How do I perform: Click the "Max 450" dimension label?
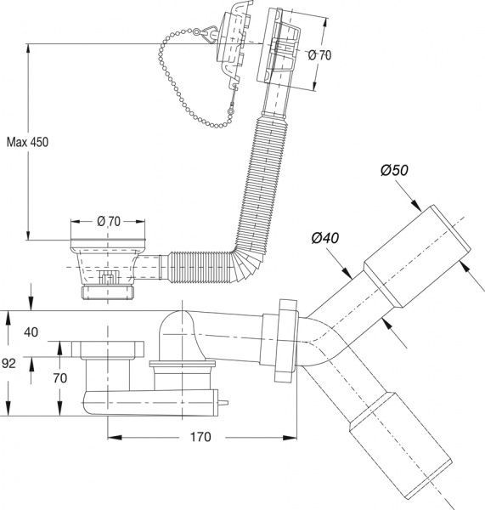(27, 142)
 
